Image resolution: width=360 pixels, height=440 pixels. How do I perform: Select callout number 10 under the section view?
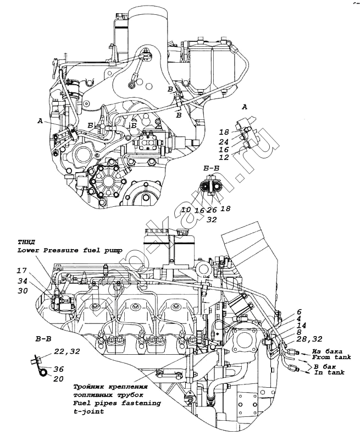click(186, 210)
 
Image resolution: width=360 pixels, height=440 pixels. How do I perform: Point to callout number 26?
click(212, 210)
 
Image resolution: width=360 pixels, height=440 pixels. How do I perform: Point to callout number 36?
click(59, 369)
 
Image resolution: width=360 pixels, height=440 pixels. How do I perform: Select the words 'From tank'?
click(328, 358)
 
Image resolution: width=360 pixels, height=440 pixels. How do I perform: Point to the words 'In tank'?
click(329, 373)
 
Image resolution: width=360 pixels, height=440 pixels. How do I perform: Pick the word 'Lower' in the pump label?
click(30, 250)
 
